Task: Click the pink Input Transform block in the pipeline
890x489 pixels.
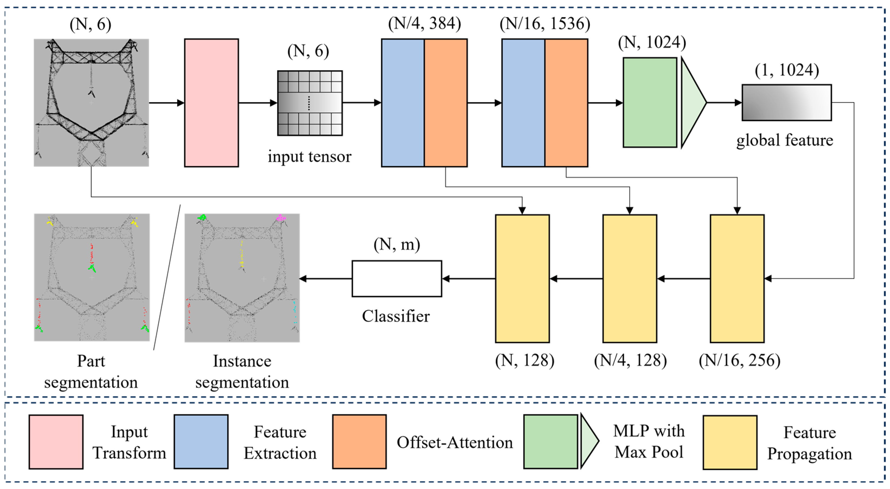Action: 211,103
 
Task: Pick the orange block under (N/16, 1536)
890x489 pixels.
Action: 566,103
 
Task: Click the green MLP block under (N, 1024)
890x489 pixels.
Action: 650,103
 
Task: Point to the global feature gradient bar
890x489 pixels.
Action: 786,103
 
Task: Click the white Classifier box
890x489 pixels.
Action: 397,279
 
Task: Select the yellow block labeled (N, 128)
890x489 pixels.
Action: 522,279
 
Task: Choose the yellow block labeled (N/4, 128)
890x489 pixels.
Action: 630,279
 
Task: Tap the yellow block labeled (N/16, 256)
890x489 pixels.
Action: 737,279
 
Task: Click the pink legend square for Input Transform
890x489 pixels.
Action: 56,442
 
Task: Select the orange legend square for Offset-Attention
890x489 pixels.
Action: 359,442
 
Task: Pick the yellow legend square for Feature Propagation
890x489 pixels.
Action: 730,442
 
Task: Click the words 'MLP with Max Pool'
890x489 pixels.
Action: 649,441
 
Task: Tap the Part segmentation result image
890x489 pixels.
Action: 92,277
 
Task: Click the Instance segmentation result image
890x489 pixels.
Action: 242,277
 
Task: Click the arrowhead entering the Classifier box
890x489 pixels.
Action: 446,279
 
